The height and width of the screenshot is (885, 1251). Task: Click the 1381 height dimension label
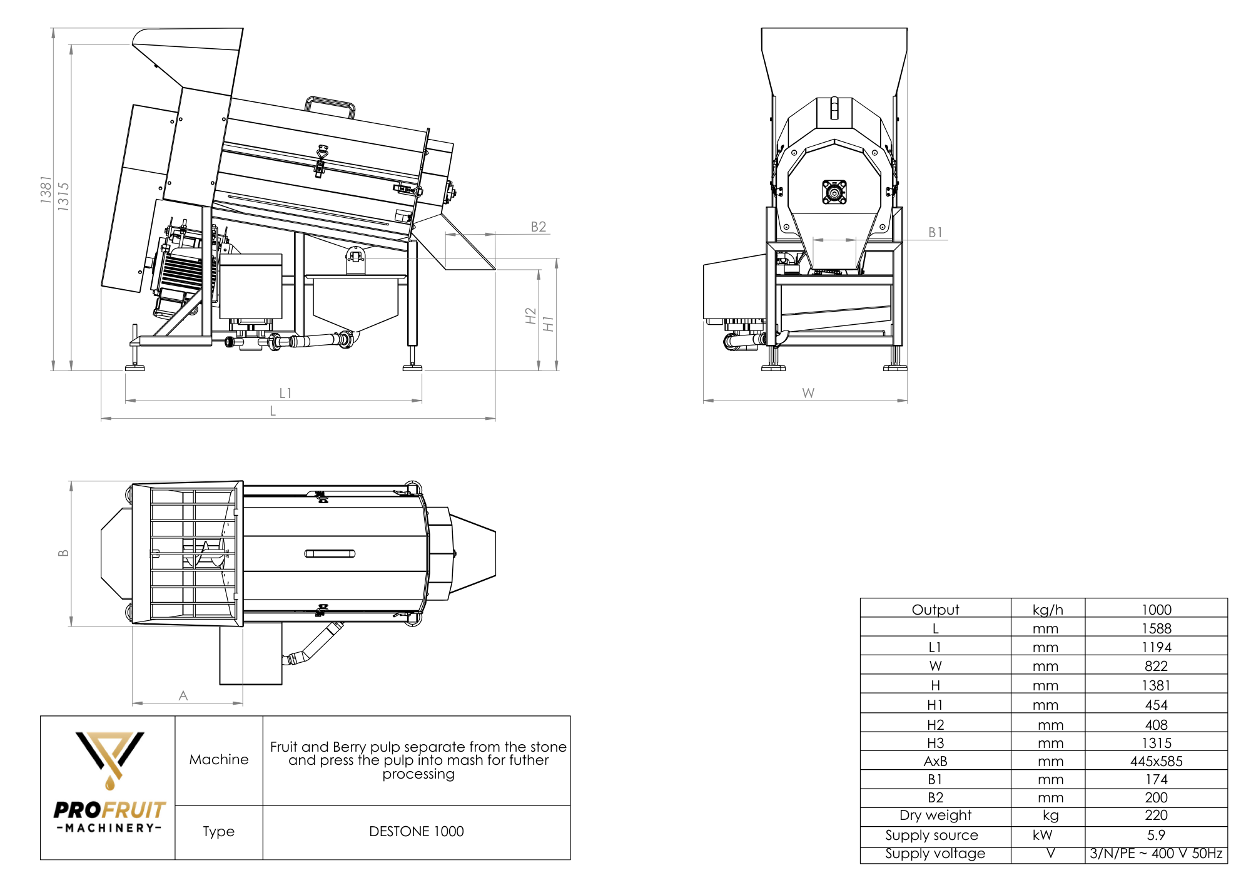click(x=46, y=189)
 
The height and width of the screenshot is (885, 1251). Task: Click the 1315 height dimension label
click(x=63, y=197)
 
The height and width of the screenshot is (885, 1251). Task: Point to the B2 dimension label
click(x=538, y=227)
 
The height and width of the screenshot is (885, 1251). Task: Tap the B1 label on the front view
click(x=935, y=232)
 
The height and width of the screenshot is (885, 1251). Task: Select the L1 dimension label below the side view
click(x=285, y=393)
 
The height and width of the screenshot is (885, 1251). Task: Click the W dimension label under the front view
click(x=808, y=393)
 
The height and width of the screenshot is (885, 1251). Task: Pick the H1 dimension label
click(x=549, y=324)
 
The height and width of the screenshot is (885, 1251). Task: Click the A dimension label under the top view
click(x=183, y=695)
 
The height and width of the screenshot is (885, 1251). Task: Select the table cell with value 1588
click(x=1156, y=628)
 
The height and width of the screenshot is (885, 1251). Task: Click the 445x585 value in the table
click(x=1156, y=762)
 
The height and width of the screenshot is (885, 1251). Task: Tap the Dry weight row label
click(x=935, y=816)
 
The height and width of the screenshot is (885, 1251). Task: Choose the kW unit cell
click(x=1043, y=835)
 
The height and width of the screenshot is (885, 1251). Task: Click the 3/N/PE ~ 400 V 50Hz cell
click(x=1156, y=854)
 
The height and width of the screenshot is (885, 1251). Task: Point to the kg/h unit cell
click(x=1048, y=610)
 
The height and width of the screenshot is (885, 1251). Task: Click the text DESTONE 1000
click(x=417, y=831)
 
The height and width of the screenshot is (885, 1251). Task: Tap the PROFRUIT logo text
click(x=109, y=810)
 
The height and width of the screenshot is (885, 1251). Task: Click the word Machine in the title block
click(x=219, y=759)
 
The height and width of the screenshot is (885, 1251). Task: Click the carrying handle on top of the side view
click(x=330, y=105)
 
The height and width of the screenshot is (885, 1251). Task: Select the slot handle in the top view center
click(x=330, y=553)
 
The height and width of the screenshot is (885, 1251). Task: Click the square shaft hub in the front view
click(x=834, y=192)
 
